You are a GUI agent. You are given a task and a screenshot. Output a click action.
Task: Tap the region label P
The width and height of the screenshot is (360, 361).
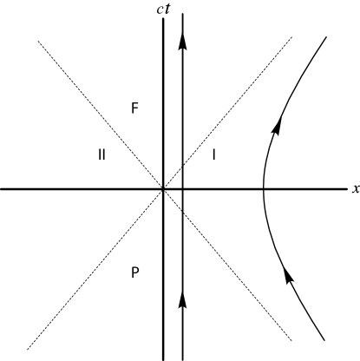[x=134, y=272]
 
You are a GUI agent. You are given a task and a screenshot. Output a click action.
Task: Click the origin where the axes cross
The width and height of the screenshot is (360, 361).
[x=163, y=188]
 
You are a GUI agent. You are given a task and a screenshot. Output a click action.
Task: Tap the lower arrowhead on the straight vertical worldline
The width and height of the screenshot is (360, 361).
[x=182, y=299]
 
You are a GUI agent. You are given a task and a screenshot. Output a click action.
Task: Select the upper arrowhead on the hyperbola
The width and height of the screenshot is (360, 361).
[x=277, y=127]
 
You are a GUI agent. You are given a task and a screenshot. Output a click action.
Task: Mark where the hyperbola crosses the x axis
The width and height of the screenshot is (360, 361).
[x=264, y=188]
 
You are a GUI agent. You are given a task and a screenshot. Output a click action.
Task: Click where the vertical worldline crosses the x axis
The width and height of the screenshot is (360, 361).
[x=182, y=188]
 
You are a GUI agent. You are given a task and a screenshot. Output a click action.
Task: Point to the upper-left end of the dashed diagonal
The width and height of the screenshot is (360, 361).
[x=39, y=39]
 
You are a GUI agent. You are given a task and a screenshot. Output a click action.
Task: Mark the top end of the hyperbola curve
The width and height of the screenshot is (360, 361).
[x=326, y=37]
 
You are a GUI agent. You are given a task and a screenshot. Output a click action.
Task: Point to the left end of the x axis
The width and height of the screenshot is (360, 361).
[x=2, y=188]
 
